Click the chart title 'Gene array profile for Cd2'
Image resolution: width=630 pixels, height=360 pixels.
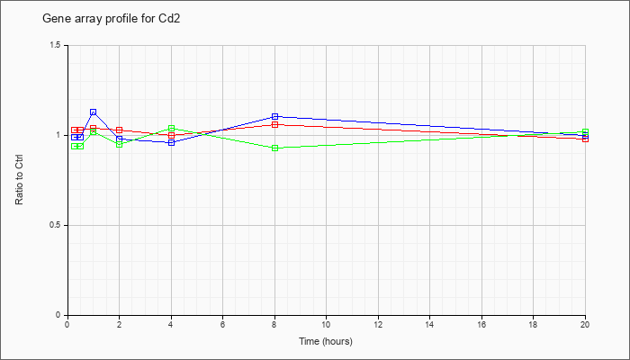pyautogui.click(x=112, y=19)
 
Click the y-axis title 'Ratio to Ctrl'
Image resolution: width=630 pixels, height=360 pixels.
pyautogui.click(x=19, y=180)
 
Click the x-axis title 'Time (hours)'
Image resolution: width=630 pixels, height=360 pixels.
pyautogui.click(x=326, y=341)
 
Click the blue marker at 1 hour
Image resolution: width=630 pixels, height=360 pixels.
pyautogui.click(x=94, y=112)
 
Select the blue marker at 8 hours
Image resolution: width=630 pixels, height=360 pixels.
pyautogui.click(x=274, y=116)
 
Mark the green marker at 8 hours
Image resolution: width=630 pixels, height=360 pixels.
pyautogui.click(x=274, y=148)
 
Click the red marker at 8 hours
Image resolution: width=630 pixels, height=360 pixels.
pyautogui.click(x=274, y=124)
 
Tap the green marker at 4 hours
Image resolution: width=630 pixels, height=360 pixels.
pyautogui.click(x=172, y=128)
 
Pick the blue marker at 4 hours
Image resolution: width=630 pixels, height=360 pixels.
pyautogui.click(x=172, y=142)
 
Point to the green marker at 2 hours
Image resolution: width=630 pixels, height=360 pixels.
pyautogui.click(x=120, y=144)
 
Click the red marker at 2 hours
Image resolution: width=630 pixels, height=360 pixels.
pyautogui.click(x=120, y=130)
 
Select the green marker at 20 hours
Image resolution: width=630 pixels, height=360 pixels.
pyautogui.click(x=585, y=131)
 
